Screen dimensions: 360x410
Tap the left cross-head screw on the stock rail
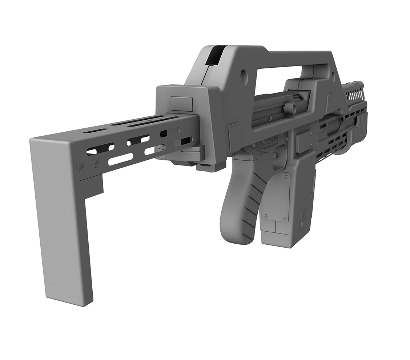81,167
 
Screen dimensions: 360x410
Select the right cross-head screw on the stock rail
97,164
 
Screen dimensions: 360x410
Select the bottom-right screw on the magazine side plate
285,219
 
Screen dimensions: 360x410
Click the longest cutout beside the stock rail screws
121,159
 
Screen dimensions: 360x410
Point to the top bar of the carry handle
287,58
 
